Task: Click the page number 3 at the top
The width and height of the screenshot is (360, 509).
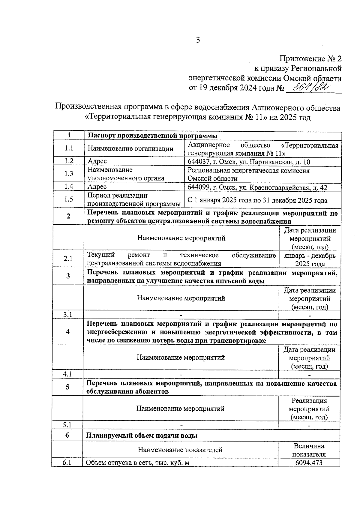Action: pyautogui.click(x=198, y=40)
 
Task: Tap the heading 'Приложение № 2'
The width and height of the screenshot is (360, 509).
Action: pyautogui.click(x=311, y=59)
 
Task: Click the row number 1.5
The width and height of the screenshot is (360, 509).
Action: pyautogui.click(x=69, y=199)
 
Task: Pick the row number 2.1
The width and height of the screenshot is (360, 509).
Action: pyautogui.click(x=68, y=259)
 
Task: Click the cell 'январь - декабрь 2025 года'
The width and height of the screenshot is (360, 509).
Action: pyautogui.click(x=310, y=260)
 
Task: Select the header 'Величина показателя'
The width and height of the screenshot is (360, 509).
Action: pyautogui.click(x=309, y=450)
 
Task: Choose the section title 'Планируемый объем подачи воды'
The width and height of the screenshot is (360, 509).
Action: pyautogui.click(x=142, y=436)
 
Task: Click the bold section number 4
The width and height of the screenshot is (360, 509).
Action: pyautogui.click(x=68, y=332)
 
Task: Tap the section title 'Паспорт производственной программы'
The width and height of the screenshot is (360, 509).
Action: pyautogui.click(x=152, y=136)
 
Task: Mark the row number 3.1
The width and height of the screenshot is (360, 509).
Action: pyautogui.click(x=68, y=315)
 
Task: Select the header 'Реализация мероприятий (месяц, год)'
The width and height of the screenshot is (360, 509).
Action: pyautogui.click(x=309, y=409)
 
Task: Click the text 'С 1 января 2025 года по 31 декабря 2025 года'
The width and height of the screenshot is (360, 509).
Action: pyautogui.click(x=257, y=200)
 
